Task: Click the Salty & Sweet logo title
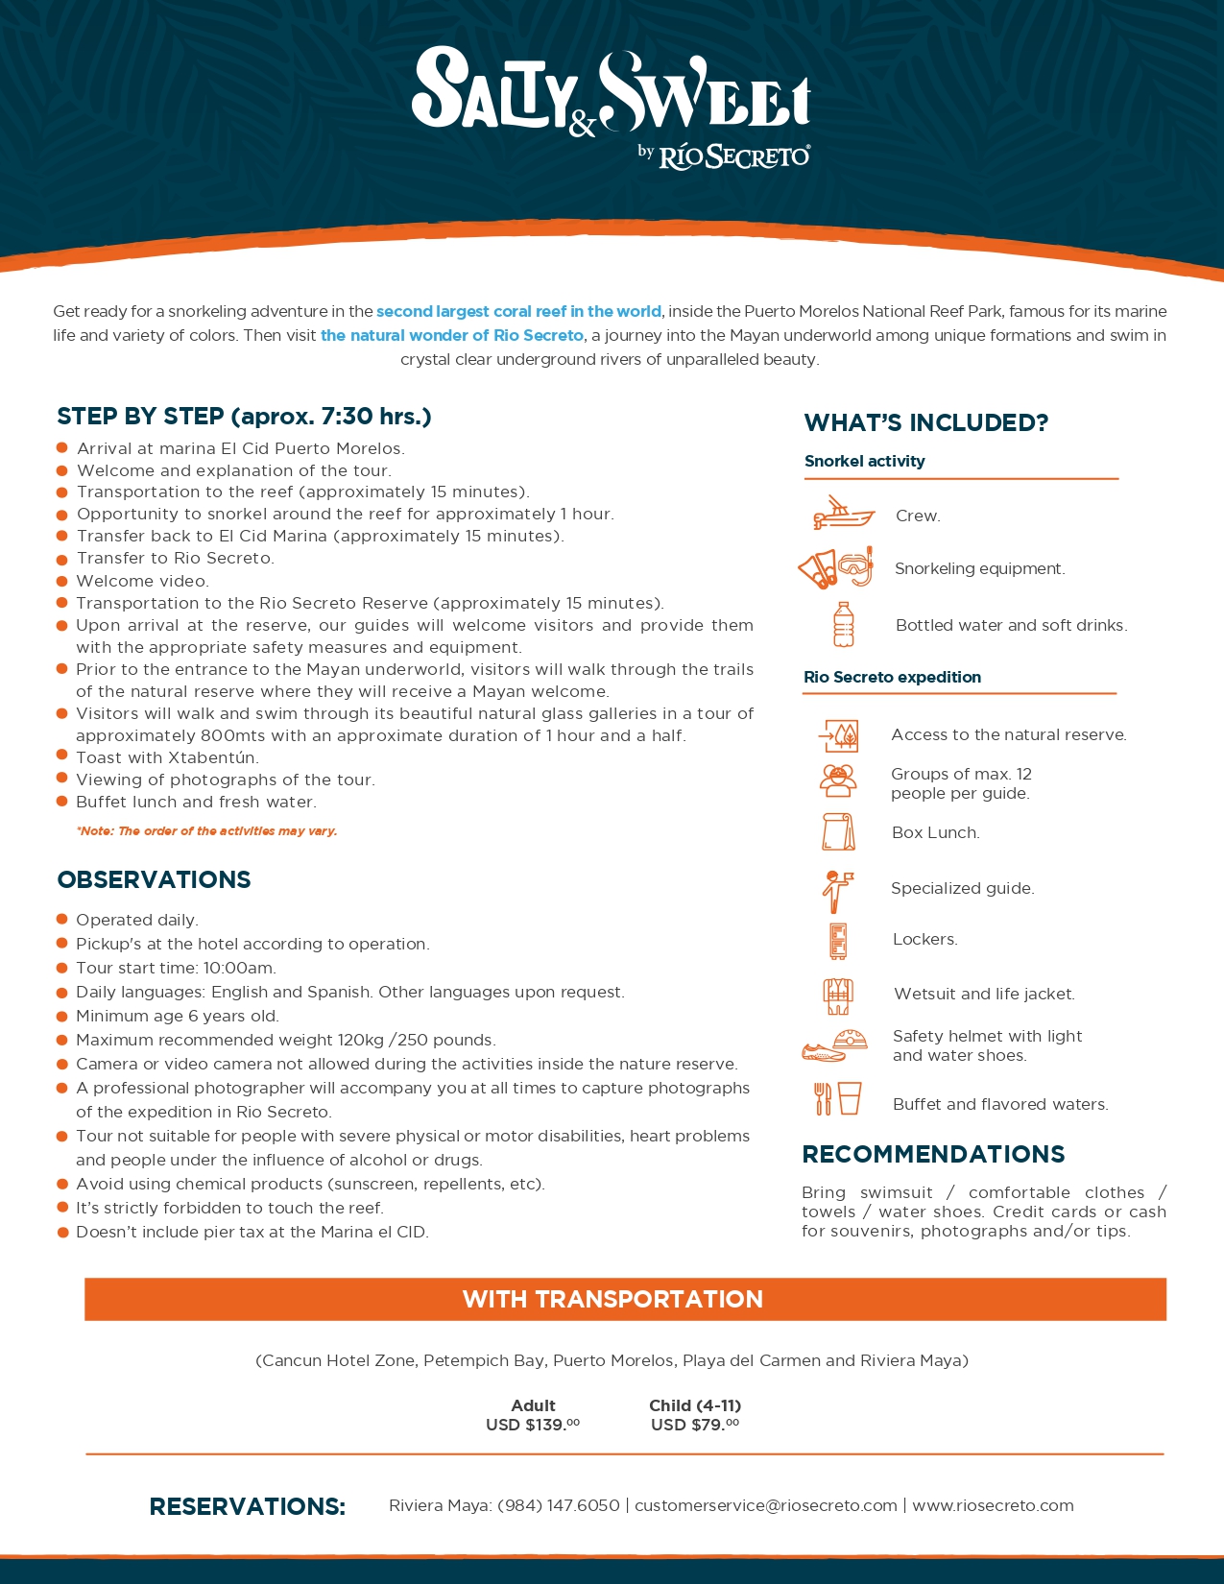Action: [611, 91]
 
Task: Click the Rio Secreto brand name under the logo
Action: [734, 156]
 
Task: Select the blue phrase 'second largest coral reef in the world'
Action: [518, 311]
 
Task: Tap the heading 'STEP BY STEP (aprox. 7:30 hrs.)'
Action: [244, 416]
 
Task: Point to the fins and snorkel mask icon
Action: [836, 567]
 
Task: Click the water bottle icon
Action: [843, 624]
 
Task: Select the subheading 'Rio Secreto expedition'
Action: [892, 677]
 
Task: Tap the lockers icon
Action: [838, 941]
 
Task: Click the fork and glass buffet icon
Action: [837, 1098]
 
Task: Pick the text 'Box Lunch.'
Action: [935, 832]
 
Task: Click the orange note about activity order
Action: [206, 831]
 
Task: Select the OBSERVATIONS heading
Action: [154, 879]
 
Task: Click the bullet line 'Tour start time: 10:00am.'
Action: [176, 968]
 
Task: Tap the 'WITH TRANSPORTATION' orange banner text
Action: [612, 1299]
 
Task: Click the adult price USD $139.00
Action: [532, 1425]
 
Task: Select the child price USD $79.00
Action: [694, 1425]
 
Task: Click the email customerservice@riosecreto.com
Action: [765, 1505]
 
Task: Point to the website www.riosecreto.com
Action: [993, 1505]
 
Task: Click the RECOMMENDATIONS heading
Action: [933, 1154]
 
